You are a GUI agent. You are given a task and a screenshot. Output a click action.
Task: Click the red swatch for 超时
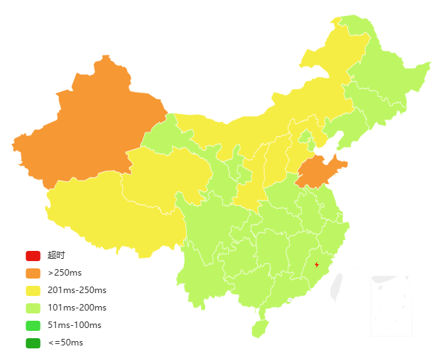point(33,255)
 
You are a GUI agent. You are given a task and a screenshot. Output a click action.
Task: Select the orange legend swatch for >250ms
point(33,273)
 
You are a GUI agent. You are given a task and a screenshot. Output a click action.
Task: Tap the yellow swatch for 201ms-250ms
point(33,290)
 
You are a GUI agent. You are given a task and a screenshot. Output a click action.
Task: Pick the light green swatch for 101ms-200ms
point(33,308)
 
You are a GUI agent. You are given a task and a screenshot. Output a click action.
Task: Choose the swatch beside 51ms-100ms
point(33,325)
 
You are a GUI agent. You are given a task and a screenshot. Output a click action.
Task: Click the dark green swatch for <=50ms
point(33,343)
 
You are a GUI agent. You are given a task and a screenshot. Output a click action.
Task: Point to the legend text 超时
point(56,255)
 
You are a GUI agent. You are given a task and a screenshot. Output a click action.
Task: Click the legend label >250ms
point(65,273)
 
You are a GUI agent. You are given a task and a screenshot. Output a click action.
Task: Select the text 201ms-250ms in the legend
point(77,290)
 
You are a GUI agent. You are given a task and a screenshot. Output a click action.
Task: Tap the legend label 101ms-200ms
point(77,308)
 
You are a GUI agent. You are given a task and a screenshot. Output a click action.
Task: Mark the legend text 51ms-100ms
point(74,325)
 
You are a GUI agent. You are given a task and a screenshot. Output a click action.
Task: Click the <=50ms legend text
point(65,343)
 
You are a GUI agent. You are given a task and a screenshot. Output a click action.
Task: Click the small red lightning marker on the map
point(316,264)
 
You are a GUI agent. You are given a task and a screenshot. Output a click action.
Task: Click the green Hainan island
point(260,328)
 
